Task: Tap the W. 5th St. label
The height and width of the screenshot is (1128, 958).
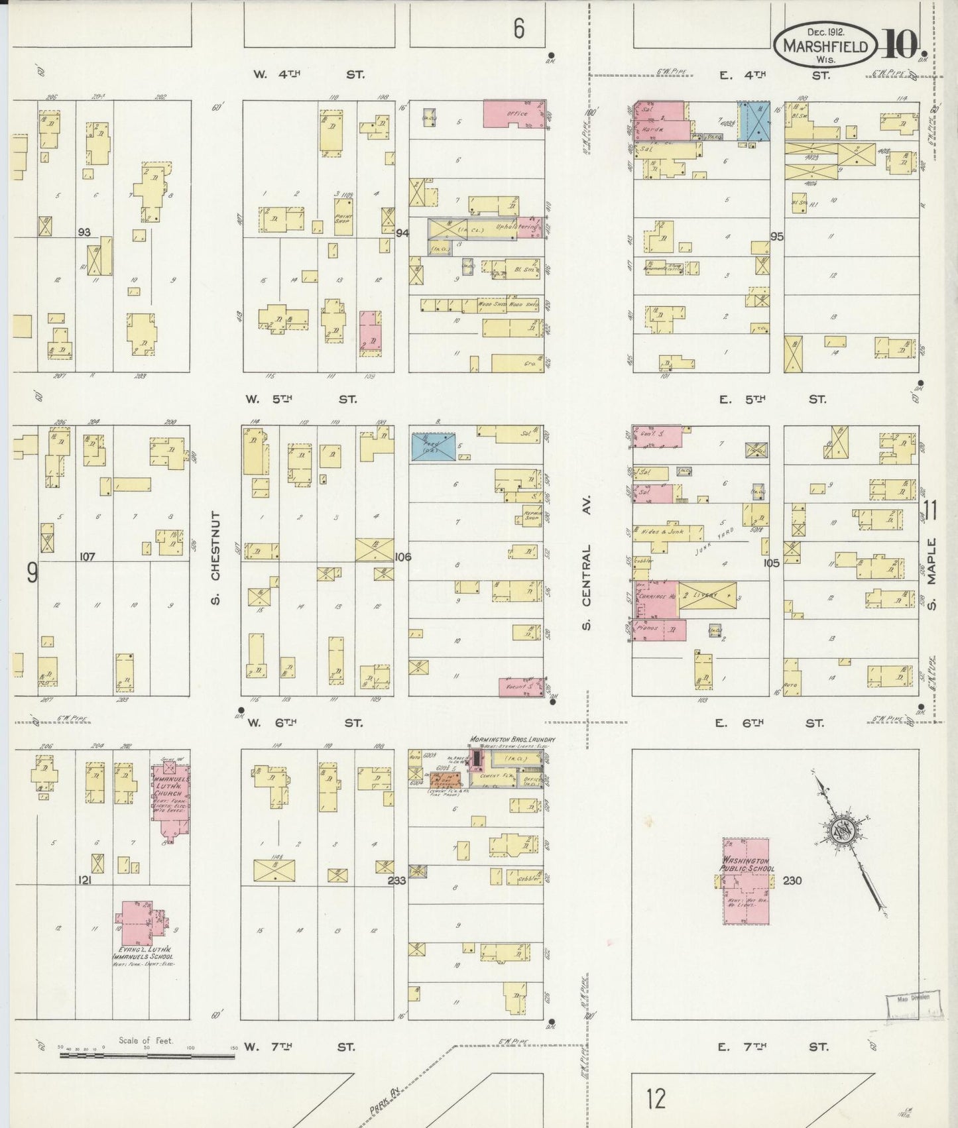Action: click(x=300, y=399)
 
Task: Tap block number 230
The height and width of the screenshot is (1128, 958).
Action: click(x=792, y=881)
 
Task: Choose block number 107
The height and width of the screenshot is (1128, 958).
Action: click(x=88, y=557)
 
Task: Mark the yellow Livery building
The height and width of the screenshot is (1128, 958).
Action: click(x=707, y=596)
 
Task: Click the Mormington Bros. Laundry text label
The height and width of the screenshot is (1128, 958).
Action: click(x=512, y=739)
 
